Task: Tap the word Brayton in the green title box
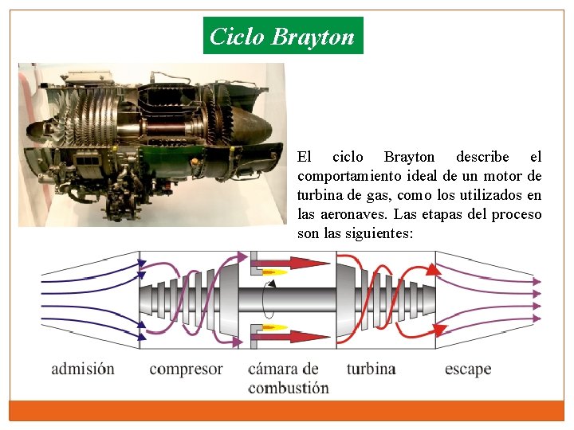pyautogui.click(x=313, y=37)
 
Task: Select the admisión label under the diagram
pyautogui.click(x=83, y=369)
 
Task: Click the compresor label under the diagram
pyautogui.click(x=186, y=369)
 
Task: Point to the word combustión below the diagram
pyautogui.click(x=288, y=388)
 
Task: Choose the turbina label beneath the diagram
pyautogui.click(x=371, y=369)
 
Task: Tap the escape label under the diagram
pyautogui.click(x=468, y=369)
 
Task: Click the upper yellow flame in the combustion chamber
pyautogui.click(x=275, y=272)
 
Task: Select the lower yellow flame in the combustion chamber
pyautogui.click(x=275, y=327)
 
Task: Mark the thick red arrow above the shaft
pyautogui.click(x=297, y=262)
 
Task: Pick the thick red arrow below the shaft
pyautogui.click(x=297, y=337)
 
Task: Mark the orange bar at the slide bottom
pyautogui.click(x=286, y=410)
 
